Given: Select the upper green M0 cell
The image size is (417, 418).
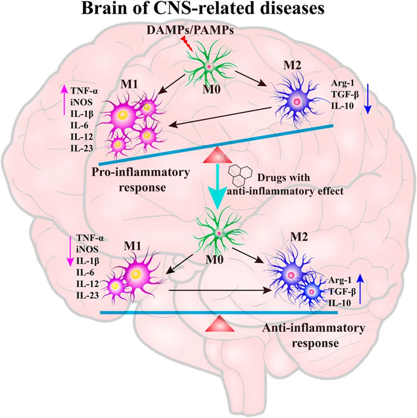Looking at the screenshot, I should point(208,66).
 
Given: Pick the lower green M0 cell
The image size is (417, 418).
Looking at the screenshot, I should point(219,232).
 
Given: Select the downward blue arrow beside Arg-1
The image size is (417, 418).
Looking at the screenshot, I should point(367,98).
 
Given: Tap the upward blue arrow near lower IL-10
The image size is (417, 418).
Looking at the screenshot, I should point(360,290).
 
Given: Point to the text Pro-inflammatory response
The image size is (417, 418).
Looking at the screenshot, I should point(140,179).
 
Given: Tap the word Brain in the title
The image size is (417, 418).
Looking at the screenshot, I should point(104,9).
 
